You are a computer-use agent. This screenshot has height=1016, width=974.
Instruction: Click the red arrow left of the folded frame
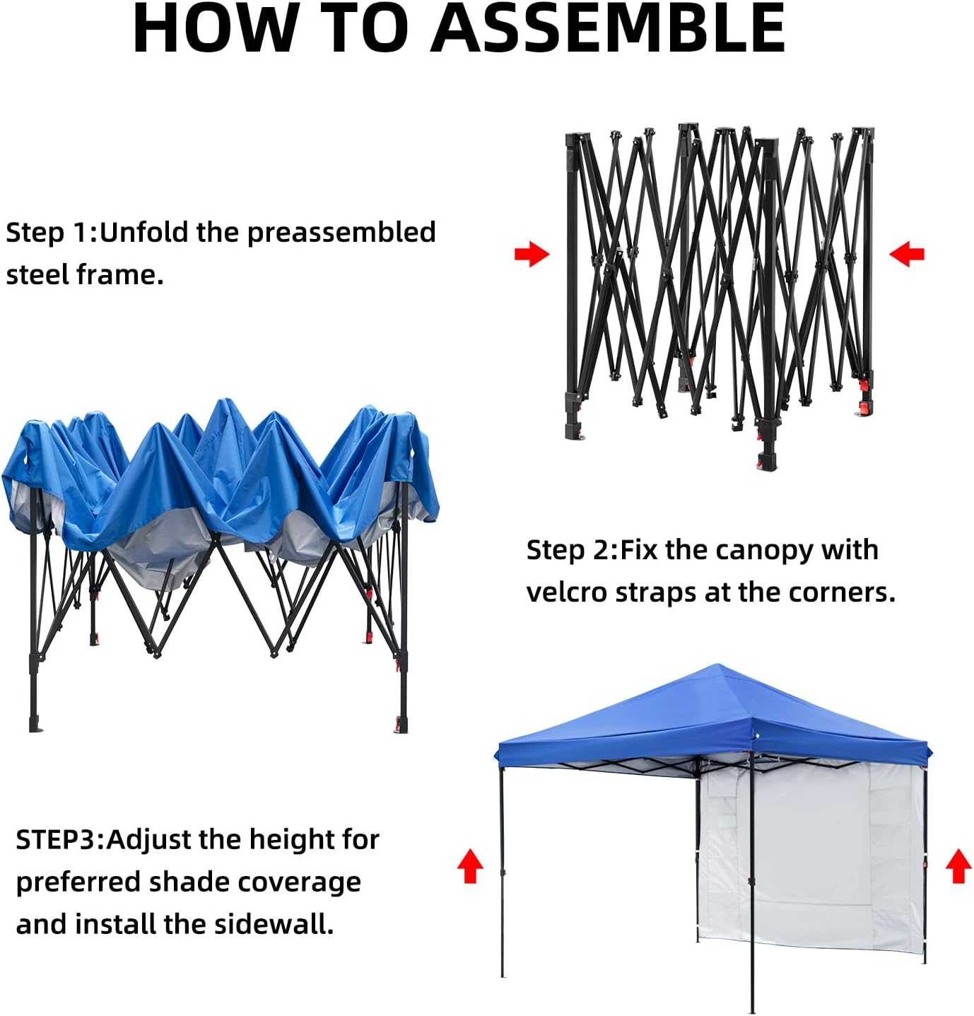(532, 254)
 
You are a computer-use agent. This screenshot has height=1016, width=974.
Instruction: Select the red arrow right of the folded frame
(907, 254)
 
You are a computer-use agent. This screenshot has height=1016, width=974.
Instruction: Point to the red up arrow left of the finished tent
(470, 865)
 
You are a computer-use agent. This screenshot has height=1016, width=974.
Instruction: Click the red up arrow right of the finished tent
(958, 865)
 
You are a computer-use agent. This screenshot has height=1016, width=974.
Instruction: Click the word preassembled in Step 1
(341, 233)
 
